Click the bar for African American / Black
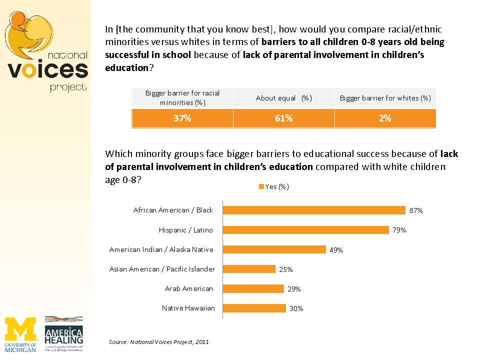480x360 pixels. (x=313, y=210)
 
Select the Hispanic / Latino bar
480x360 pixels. (x=305, y=230)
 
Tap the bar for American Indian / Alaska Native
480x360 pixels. (x=274, y=249)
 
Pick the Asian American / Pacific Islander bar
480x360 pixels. (x=249, y=269)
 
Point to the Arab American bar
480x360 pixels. (x=253, y=288)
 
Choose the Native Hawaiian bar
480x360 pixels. (x=254, y=308)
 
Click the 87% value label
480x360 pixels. (x=416, y=211)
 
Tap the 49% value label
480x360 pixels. (x=336, y=250)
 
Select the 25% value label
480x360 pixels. (x=286, y=269)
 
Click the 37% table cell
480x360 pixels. (x=182, y=118)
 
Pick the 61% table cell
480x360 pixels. (x=284, y=118)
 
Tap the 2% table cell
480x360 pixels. (x=385, y=118)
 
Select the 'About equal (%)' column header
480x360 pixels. (x=284, y=98)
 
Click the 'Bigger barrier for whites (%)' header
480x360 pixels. (x=385, y=98)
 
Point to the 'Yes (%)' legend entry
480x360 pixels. (x=273, y=186)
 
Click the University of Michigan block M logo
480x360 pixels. (x=20, y=330)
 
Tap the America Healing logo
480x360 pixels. (x=64, y=333)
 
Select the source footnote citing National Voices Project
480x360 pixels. (x=158, y=342)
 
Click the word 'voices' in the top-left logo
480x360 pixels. (x=47, y=70)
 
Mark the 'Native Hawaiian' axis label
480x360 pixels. (x=188, y=308)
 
